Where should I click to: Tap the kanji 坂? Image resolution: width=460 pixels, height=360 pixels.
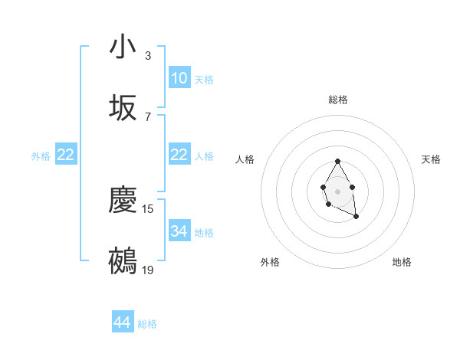pyautogui.click(x=123, y=108)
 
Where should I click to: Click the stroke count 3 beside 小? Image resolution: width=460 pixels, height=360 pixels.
pyautogui.click(x=148, y=56)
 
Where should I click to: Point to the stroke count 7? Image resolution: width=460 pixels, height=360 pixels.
pyautogui.click(x=148, y=116)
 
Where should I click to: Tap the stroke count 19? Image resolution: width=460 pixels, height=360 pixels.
pyautogui.click(x=148, y=270)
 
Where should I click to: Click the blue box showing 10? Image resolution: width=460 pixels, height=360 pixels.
pyautogui.click(x=179, y=78)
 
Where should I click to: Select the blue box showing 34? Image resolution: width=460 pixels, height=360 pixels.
pyautogui.click(x=179, y=231)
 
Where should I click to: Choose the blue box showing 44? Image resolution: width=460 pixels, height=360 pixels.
pyautogui.click(x=123, y=322)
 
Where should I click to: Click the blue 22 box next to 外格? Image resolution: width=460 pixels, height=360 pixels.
pyautogui.click(x=66, y=155)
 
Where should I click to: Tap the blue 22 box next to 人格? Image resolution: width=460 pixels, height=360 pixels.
pyautogui.click(x=179, y=155)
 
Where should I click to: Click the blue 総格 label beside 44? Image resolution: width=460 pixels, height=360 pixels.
pyautogui.click(x=147, y=324)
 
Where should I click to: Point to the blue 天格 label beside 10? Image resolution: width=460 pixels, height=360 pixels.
pyautogui.click(x=204, y=80)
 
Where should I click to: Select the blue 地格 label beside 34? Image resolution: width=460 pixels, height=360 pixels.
pyautogui.click(x=204, y=233)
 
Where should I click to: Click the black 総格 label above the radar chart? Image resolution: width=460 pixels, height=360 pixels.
pyautogui.click(x=337, y=100)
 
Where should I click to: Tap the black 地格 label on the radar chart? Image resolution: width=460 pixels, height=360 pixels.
pyautogui.click(x=402, y=262)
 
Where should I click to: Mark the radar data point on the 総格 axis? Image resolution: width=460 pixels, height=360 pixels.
pyautogui.click(x=337, y=162)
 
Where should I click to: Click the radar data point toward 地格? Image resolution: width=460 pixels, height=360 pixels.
pyautogui.click(x=356, y=217)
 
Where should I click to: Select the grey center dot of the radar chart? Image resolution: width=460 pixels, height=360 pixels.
pyautogui.click(x=337, y=190)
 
